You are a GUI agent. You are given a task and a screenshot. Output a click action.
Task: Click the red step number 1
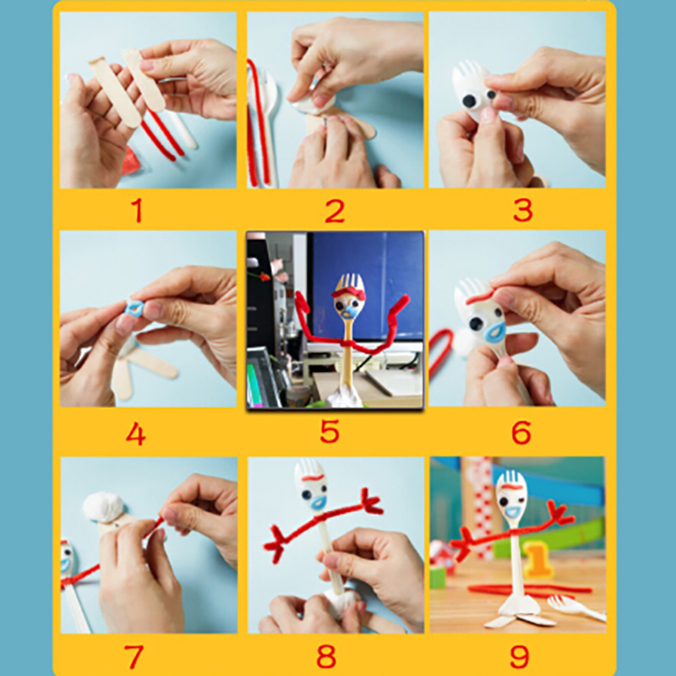137,210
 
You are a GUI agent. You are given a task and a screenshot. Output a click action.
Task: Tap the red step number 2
335,210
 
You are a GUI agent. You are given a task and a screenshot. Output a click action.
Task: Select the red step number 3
523,210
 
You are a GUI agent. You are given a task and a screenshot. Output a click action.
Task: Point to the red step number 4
136,433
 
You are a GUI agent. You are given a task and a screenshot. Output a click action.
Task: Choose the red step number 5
330,431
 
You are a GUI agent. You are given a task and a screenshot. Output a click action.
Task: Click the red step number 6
521,433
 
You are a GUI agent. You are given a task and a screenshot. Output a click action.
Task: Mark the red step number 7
134,657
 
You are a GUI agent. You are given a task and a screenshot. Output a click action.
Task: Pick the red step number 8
326,657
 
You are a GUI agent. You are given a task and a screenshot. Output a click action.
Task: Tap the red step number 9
520,657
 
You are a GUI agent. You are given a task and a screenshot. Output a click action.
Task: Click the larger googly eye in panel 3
470,101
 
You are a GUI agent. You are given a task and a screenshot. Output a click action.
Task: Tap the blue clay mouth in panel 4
135,308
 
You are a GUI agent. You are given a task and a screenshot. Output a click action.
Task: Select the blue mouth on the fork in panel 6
494,332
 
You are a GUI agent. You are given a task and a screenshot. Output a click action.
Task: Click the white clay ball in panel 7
103,507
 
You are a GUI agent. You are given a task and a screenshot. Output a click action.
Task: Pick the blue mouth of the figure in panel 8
319,501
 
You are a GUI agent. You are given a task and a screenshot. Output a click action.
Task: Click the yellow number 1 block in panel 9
537,559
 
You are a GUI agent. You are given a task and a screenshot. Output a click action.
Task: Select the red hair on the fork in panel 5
348,293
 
